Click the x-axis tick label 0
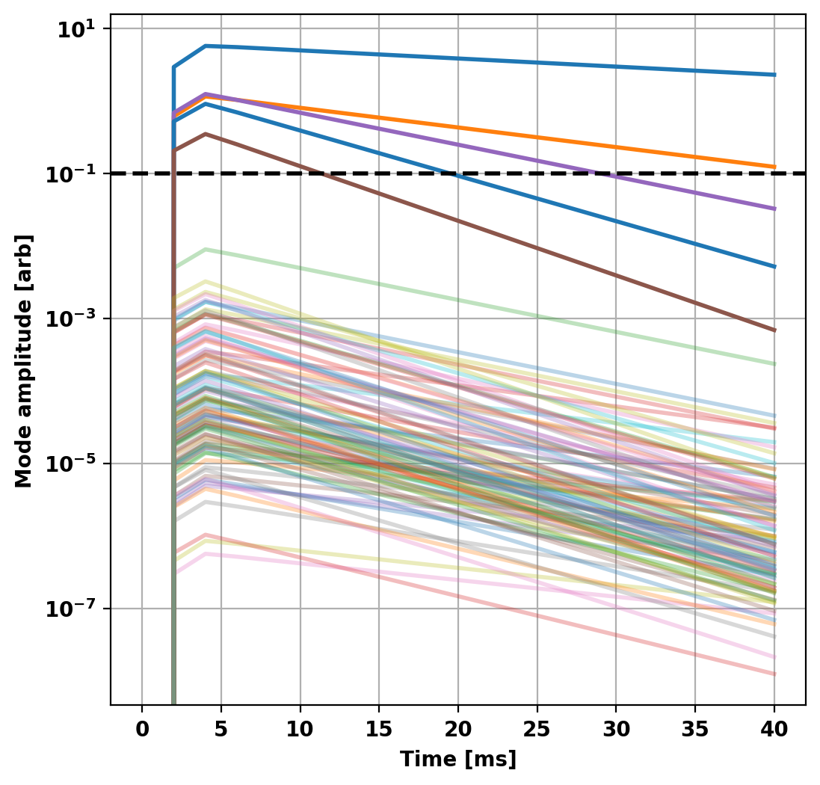pos(142,730)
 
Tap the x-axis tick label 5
pos(221,730)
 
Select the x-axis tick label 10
pos(300,730)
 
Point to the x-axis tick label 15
pos(379,730)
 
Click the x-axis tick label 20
pos(457,730)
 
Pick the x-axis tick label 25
pos(537,730)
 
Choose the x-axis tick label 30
pos(616,730)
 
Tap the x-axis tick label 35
pos(695,730)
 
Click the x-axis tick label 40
pos(774,730)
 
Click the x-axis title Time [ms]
pos(457,760)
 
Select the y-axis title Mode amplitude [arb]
pos(24,361)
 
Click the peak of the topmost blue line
pos(206,46)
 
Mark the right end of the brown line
pos(774,330)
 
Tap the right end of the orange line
pos(774,167)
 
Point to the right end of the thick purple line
pos(774,209)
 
